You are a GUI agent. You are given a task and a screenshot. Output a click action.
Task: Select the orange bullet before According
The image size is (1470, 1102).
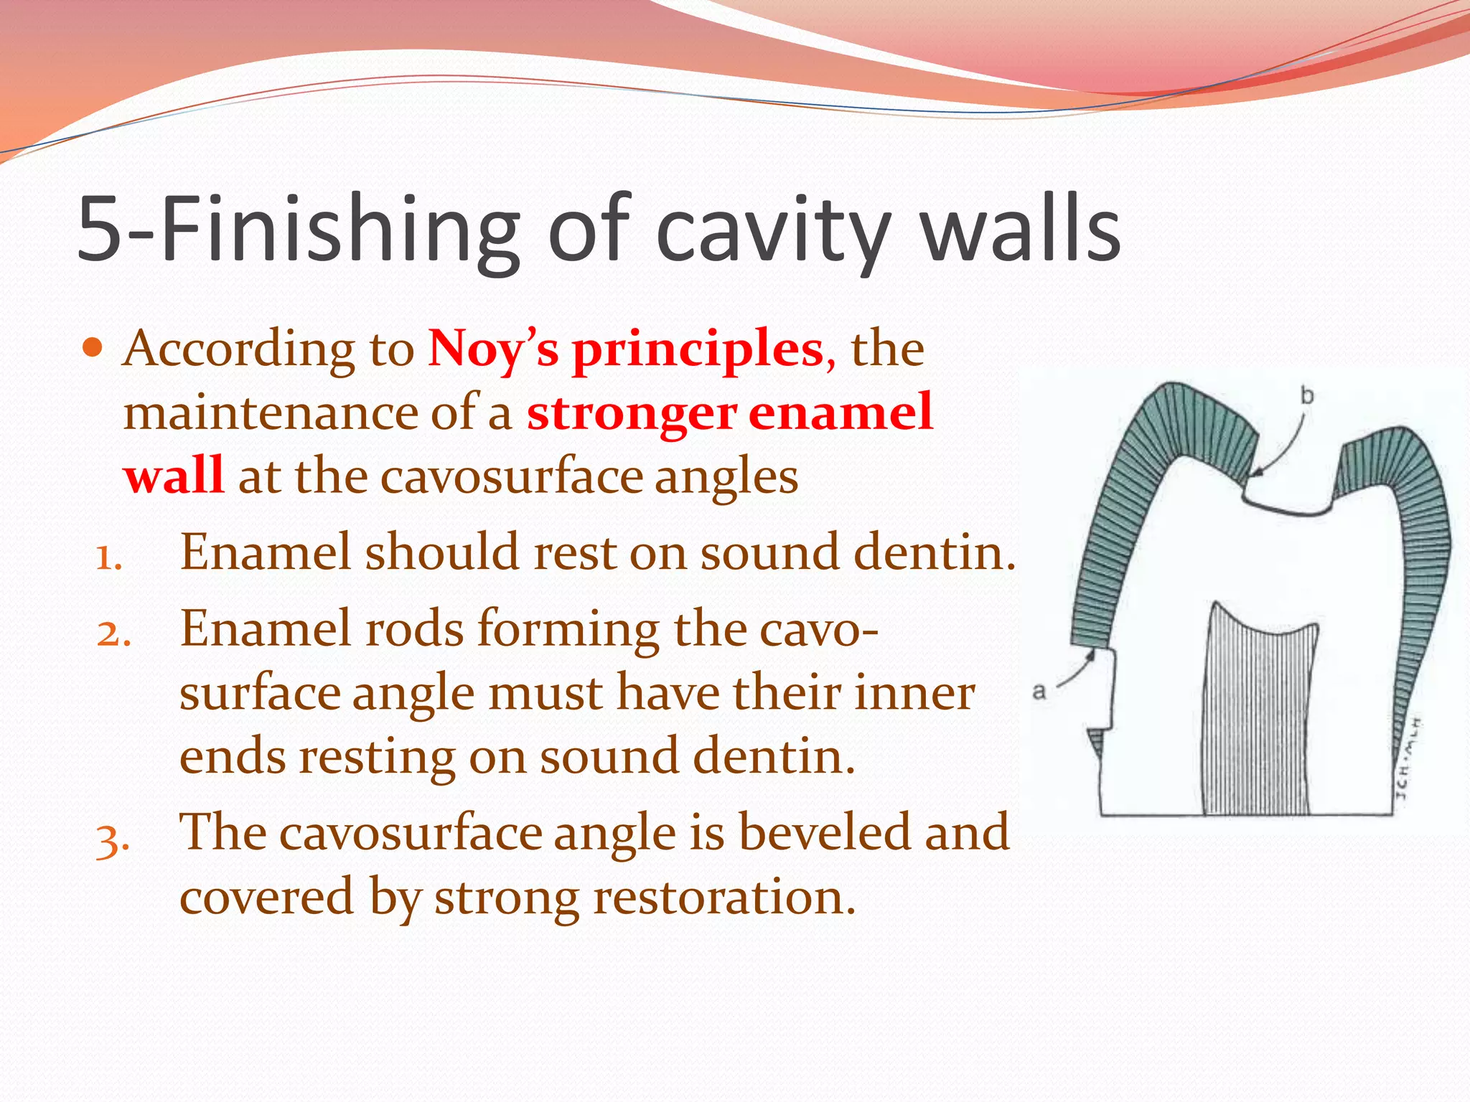click(93, 349)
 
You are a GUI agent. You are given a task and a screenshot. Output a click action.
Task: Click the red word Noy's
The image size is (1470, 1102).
click(492, 349)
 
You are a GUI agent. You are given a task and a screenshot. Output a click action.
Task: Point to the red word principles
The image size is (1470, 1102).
click(698, 349)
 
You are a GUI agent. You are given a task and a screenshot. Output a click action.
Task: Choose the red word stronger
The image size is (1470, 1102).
click(632, 413)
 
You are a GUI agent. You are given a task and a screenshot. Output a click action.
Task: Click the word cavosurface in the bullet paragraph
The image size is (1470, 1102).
click(510, 476)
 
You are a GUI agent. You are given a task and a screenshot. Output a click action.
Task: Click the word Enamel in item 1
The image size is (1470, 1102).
click(265, 552)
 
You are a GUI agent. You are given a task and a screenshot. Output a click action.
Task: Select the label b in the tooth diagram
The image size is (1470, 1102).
click(1307, 395)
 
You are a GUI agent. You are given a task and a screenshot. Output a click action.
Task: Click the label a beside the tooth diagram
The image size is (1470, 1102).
click(1039, 692)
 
